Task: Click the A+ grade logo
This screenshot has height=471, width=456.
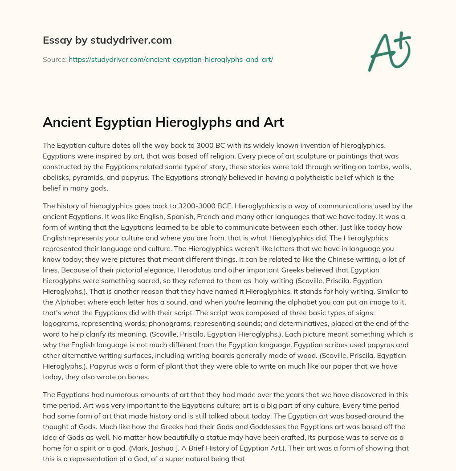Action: pos(389,52)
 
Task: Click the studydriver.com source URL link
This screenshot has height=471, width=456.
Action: pos(171,59)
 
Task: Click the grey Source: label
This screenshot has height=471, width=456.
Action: pos(54,59)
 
